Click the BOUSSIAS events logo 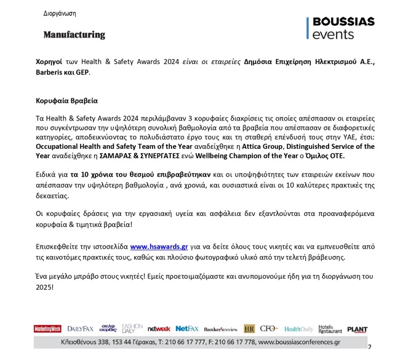340,28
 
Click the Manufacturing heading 74,34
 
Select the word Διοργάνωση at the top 60,12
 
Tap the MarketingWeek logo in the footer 47,329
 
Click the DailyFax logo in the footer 81,329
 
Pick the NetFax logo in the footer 187,329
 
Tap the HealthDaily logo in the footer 298,329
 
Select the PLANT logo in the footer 357,329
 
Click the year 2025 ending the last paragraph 44,287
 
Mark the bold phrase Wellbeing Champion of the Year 269,156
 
